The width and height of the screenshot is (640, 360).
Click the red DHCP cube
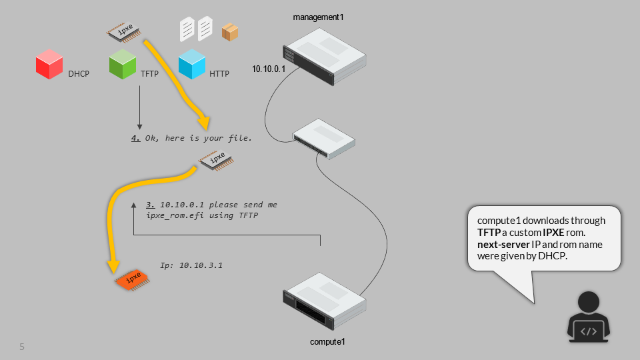click(x=49, y=65)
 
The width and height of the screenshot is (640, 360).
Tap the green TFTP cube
click(x=123, y=65)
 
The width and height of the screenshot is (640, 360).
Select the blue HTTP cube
click(x=192, y=65)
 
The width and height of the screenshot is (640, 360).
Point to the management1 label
click(x=319, y=16)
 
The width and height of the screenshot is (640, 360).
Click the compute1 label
click(x=327, y=342)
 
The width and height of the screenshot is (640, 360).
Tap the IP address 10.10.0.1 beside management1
click(x=269, y=69)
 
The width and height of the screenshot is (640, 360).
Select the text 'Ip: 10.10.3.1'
click(x=191, y=265)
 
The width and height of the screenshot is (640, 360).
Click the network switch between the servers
click(x=324, y=139)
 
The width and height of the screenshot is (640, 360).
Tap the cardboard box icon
click(x=231, y=31)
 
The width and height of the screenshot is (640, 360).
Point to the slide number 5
click(x=22, y=347)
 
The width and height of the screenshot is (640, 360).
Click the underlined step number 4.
click(x=135, y=139)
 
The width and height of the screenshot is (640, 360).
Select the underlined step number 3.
click(x=150, y=205)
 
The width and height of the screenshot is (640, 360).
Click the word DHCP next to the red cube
click(x=79, y=74)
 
